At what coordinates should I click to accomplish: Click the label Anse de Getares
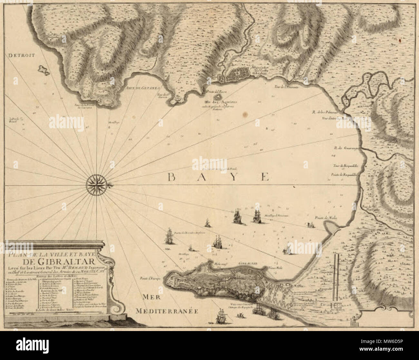(141, 86)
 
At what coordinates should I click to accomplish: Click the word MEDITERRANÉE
(166, 311)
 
